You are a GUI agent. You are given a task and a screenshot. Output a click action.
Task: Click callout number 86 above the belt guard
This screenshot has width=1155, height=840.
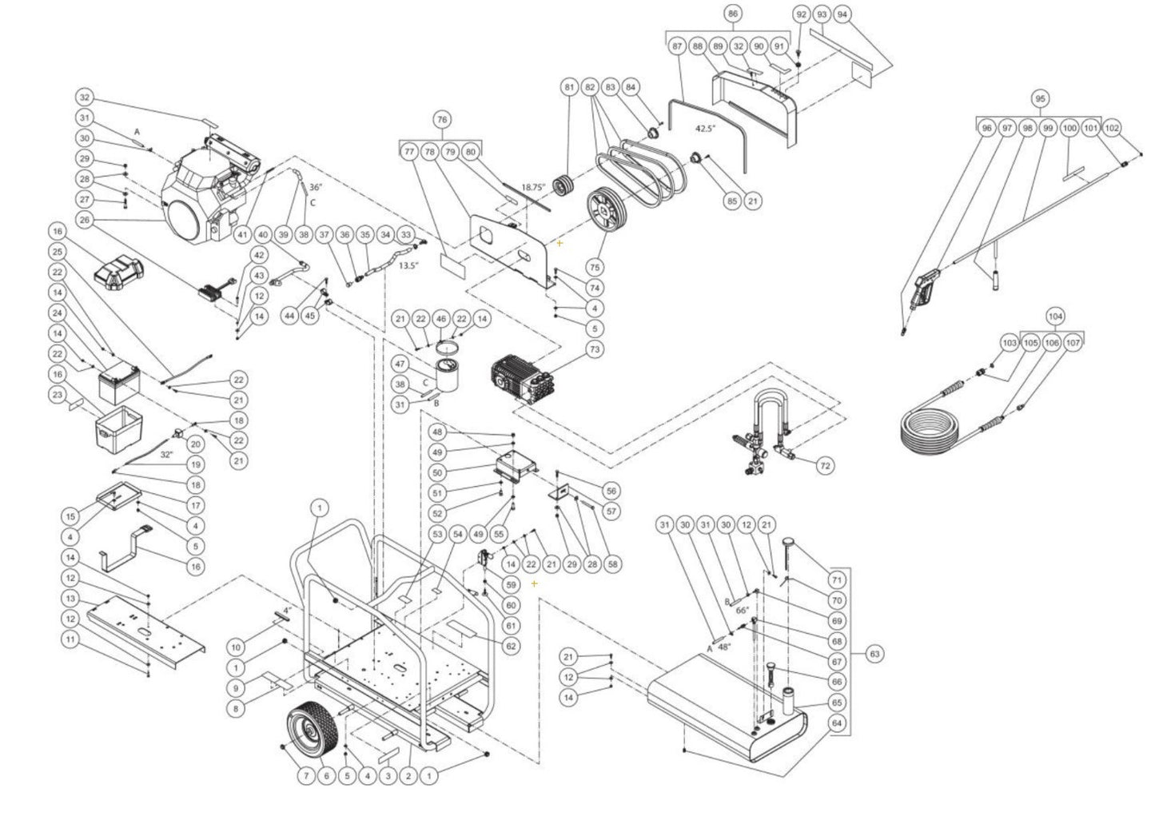pyautogui.click(x=733, y=14)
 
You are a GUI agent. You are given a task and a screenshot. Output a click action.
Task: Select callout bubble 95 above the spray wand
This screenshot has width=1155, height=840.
pyautogui.click(x=1039, y=98)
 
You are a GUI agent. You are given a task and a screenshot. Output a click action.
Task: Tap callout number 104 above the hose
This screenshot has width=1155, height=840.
pyautogui.click(x=1055, y=316)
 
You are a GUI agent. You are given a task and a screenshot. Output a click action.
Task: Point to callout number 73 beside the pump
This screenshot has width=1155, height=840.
pyautogui.click(x=594, y=349)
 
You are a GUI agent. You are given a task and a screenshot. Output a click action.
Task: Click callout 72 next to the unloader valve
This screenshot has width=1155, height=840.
pyautogui.click(x=826, y=464)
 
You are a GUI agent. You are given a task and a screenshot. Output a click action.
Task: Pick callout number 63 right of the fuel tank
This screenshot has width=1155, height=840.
pyautogui.click(x=874, y=654)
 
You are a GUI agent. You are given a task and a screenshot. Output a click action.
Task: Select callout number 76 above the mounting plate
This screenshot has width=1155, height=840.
pyautogui.click(x=441, y=120)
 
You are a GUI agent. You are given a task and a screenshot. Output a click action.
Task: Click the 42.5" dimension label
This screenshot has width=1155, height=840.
pyautogui.click(x=707, y=128)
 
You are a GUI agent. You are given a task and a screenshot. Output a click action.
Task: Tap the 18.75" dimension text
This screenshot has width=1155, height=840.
pyautogui.click(x=533, y=187)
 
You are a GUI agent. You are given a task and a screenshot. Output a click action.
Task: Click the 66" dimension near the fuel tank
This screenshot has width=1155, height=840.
pyautogui.click(x=742, y=610)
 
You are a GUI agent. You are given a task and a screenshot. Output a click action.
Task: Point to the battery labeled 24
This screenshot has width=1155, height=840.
pyautogui.click(x=119, y=382)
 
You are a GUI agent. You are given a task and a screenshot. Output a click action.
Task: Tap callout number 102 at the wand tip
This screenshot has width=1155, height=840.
pyautogui.click(x=1112, y=128)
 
